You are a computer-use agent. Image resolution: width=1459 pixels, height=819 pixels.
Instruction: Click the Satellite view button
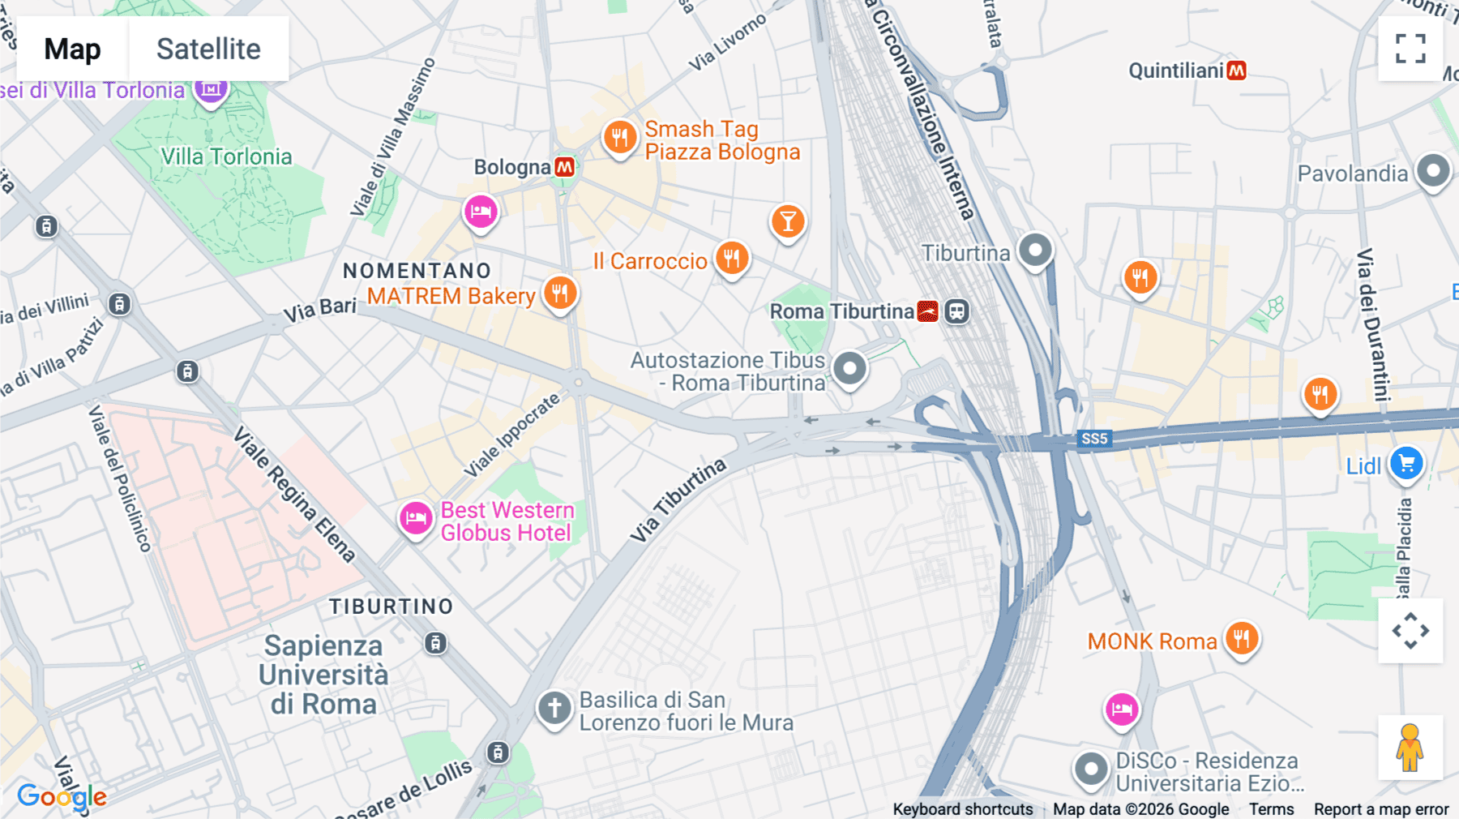pos(208,49)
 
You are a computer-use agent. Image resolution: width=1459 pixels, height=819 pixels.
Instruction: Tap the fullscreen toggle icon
pos(1410,49)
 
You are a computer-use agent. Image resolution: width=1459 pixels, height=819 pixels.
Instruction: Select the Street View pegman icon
pos(1410,747)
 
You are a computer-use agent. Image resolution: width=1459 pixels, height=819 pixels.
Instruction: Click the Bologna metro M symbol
pos(565,167)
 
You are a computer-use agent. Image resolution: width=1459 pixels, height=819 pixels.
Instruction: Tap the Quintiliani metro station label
pos(1176,71)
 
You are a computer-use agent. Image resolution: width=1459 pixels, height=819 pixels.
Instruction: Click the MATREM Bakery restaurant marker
pos(560,293)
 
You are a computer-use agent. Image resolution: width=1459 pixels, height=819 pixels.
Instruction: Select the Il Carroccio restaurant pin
pos(732,259)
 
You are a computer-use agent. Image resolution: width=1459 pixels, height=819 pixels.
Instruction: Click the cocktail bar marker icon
pos(788,221)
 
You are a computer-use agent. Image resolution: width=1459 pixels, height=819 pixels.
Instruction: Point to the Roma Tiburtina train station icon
pos(927,311)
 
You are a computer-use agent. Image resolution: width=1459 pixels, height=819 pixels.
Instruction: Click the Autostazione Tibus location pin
pos(849,368)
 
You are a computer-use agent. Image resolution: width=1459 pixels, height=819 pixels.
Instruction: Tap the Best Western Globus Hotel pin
pos(416,517)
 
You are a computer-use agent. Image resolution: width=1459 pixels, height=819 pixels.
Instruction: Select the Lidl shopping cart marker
pos(1406,464)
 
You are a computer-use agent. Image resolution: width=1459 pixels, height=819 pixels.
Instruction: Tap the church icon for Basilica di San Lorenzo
pos(554,708)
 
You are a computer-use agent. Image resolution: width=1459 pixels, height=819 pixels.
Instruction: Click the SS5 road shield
pos(1094,439)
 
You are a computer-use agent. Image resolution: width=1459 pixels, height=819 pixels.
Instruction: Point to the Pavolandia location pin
pos(1433,171)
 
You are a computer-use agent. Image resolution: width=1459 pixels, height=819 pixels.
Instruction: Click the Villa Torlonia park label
pos(226,157)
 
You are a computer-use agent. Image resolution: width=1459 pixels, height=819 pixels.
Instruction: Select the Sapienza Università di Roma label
pos(323,675)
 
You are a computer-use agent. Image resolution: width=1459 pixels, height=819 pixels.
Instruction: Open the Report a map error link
pos(1380,808)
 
